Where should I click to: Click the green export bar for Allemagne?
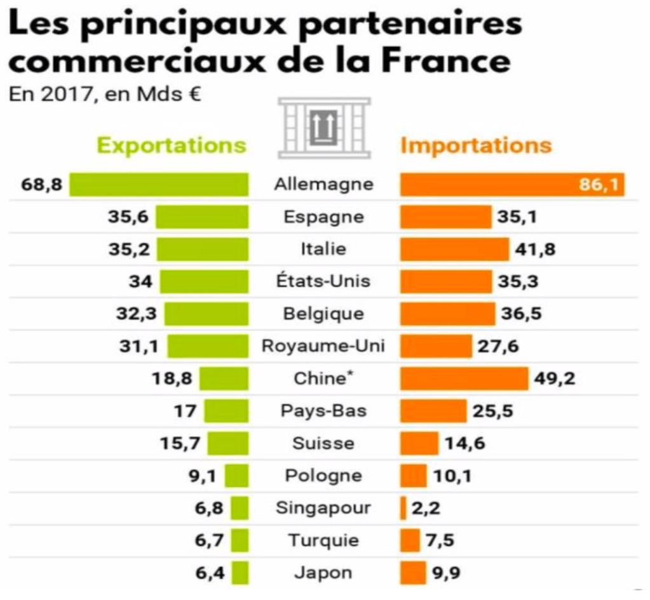(159, 185)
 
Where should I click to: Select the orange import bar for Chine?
(464, 378)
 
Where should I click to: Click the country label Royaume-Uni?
(323, 346)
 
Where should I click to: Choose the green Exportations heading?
(171, 145)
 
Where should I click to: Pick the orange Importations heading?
(476, 145)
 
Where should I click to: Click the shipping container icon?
(324, 128)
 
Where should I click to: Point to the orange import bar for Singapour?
(403, 508)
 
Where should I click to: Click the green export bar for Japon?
(240, 573)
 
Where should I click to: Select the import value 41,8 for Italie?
(535, 249)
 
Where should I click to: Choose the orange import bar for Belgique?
(447, 314)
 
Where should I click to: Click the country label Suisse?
(323, 443)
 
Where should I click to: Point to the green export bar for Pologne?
(236, 476)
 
